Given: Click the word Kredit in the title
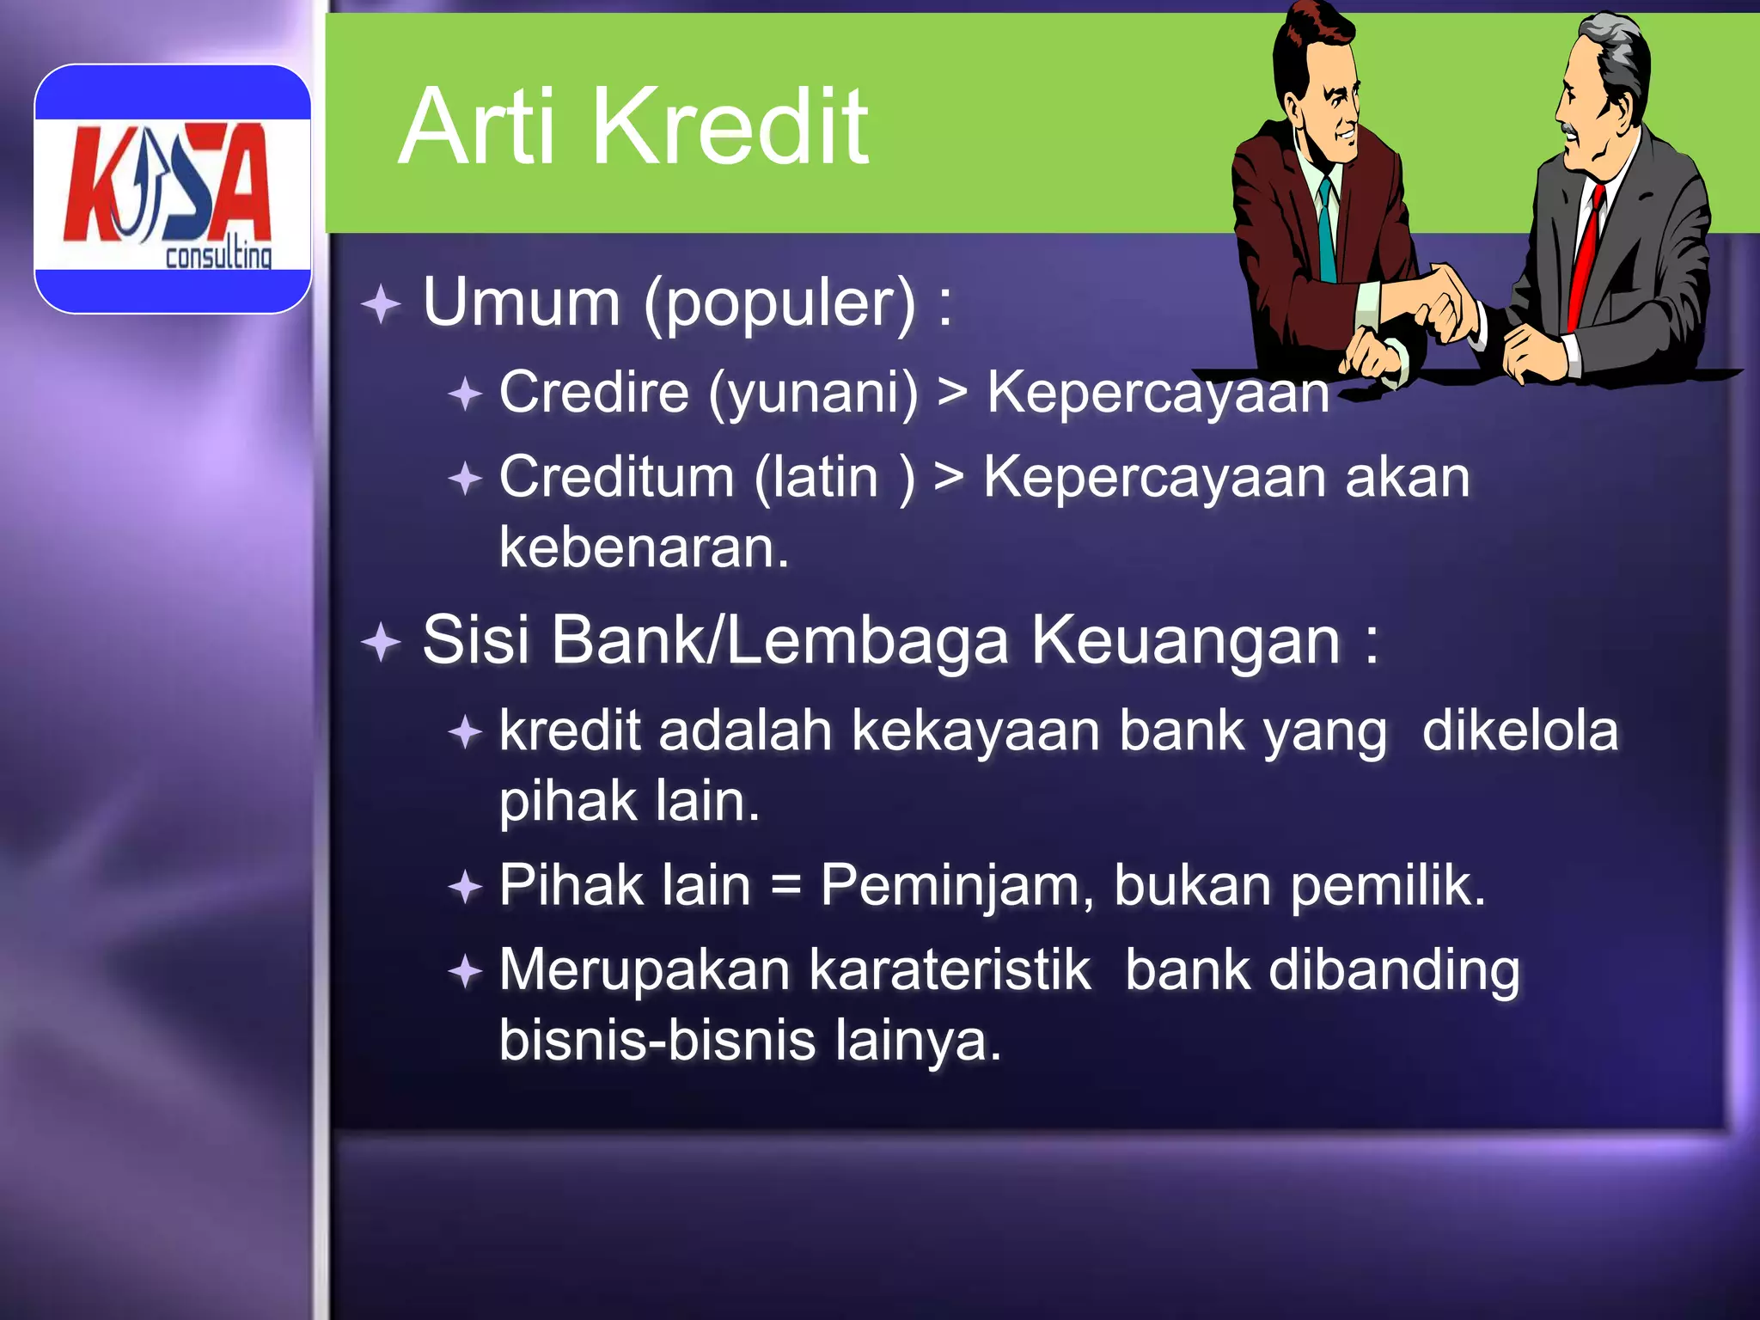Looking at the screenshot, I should click(730, 127).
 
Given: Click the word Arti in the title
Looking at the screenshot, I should click(478, 127).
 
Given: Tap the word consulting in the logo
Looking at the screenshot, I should click(218, 255).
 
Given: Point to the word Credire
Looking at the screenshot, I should click(594, 392).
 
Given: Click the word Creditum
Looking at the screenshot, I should click(616, 477).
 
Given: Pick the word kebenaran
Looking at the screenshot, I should click(644, 547).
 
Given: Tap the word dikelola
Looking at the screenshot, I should click(1519, 730).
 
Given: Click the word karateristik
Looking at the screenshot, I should click(950, 970).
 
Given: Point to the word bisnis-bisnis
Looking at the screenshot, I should click(657, 1041).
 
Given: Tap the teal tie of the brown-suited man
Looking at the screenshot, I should click(1328, 232).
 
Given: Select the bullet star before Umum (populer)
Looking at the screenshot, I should click(381, 304).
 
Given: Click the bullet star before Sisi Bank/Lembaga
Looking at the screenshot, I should click(381, 642).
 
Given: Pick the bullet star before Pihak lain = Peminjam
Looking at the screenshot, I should click(465, 887).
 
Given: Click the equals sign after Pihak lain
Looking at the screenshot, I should click(785, 887).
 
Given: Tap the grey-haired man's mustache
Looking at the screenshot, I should click(1570, 131).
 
